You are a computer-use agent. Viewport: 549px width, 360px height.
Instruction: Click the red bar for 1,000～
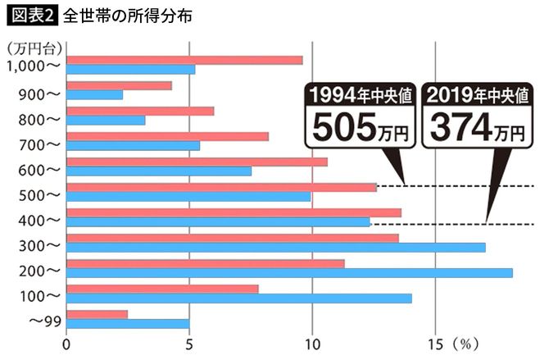[x=184, y=60]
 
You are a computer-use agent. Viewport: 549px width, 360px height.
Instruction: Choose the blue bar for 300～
[x=275, y=248]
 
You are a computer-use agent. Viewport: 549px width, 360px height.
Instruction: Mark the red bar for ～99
[x=97, y=315]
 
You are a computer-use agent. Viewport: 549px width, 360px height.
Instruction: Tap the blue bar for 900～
[x=94, y=95]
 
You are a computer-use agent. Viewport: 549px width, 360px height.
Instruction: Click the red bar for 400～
[x=234, y=212]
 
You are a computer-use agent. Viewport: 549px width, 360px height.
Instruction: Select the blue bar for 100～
[x=238, y=298]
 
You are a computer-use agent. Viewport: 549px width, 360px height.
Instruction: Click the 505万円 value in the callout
[x=357, y=126]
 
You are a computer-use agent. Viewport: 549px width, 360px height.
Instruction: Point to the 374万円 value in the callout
[x=475, y=126]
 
